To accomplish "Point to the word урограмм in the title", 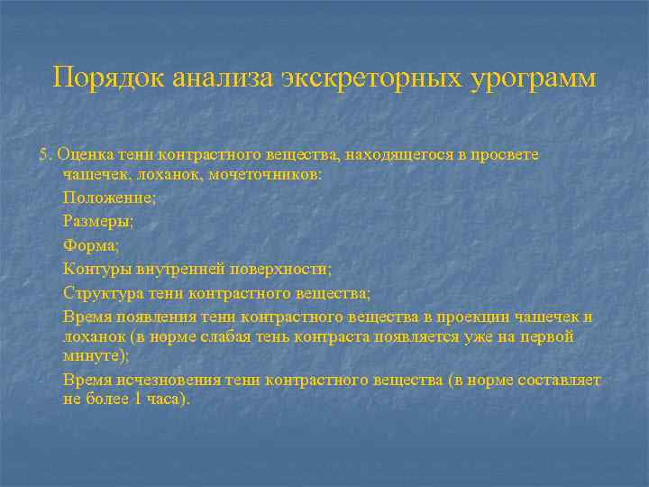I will click(x=533, y=78).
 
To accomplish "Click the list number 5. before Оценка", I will click(x=45, y=154).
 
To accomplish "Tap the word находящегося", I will click(x=385, y=154).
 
